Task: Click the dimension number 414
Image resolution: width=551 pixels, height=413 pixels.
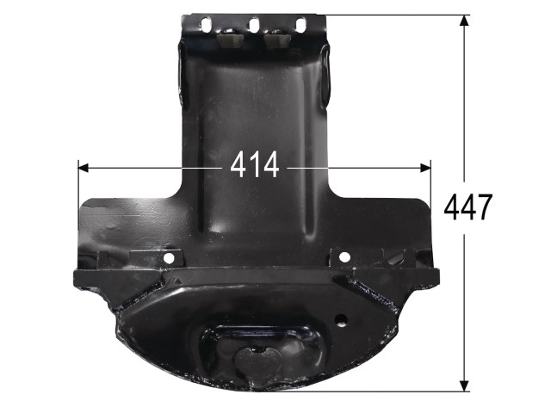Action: tap(255, 164)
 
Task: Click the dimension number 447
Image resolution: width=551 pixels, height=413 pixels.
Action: tap(467, 206)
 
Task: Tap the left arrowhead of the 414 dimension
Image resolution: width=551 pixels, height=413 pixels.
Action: tap(84, 168)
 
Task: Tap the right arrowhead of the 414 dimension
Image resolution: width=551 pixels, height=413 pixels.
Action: tap(425, 168)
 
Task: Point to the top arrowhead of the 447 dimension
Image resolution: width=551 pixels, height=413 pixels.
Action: tap(464, 21)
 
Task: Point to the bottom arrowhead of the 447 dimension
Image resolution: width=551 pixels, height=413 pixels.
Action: tap(464, 385)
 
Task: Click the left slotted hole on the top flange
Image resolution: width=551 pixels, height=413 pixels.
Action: tap(206, 25)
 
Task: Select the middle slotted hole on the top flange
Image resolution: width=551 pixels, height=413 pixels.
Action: tap(254, 25)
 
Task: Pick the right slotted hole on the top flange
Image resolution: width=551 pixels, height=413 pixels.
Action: tap(300, 25)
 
